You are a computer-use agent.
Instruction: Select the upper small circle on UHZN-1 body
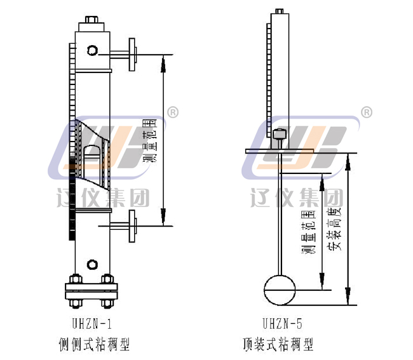tap(93, 50)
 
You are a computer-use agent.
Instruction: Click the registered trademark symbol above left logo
tap(172, 112)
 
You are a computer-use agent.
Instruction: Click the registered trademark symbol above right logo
tap(367, 112)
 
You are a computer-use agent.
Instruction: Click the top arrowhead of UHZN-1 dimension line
tap(165, 61)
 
